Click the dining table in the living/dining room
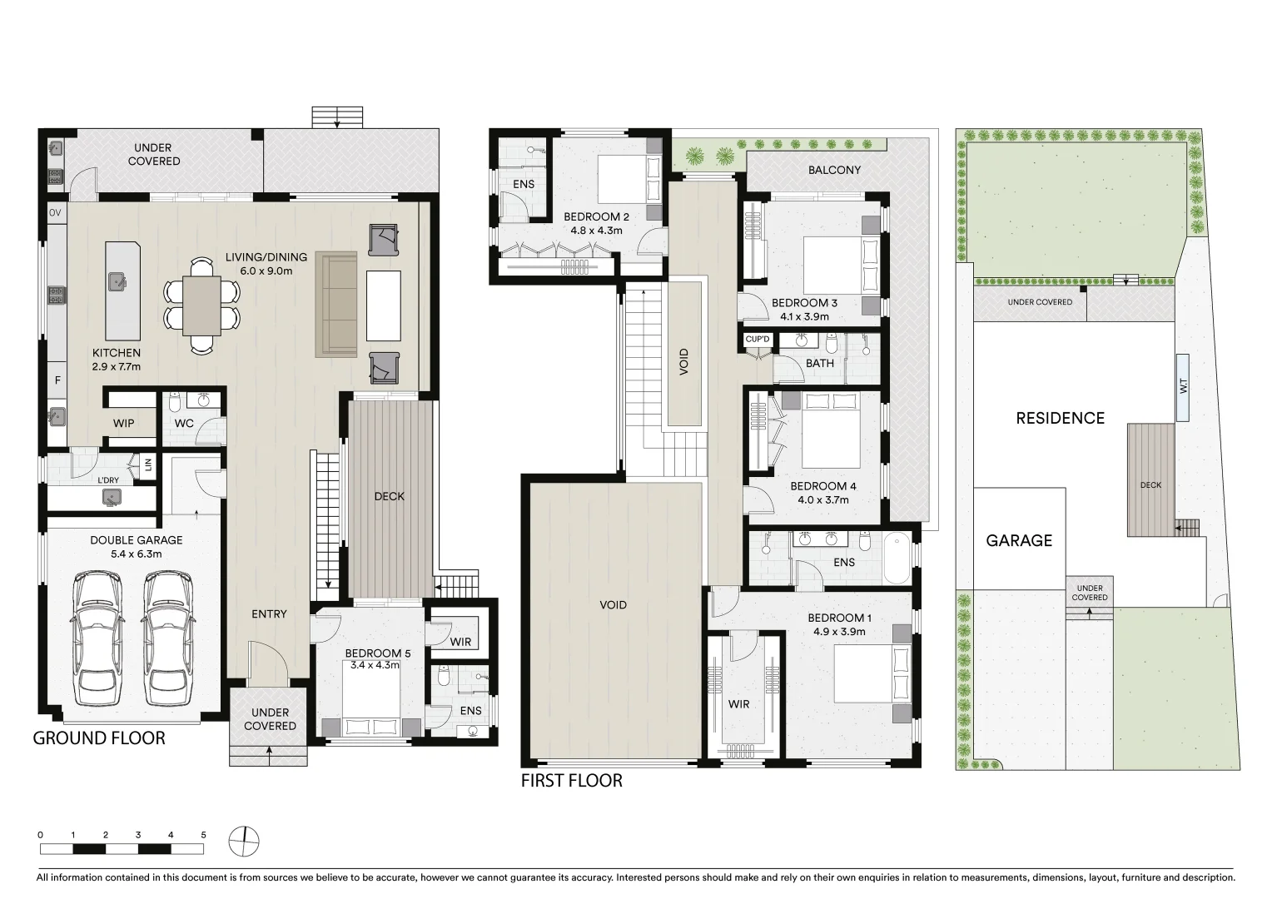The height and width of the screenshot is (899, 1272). [202, 305]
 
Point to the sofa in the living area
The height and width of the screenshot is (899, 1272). [336, 305]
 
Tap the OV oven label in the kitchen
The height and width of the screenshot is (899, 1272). [56, 214]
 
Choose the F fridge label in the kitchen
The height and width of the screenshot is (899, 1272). [57, 380]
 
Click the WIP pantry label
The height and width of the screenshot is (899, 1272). [124, 424]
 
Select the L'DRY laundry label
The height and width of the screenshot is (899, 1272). [107, 480]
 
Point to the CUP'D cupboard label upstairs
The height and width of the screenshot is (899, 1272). [758, 339]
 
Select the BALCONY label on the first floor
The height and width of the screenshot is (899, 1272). [834, 170]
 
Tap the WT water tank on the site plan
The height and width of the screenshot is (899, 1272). [1183, 386]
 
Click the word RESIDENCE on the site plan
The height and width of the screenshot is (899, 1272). [1060, 418]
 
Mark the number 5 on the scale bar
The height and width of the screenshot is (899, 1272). [203, 834]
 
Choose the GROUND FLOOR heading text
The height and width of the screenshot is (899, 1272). [98, 738]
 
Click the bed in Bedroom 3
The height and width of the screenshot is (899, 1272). [841, 264]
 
